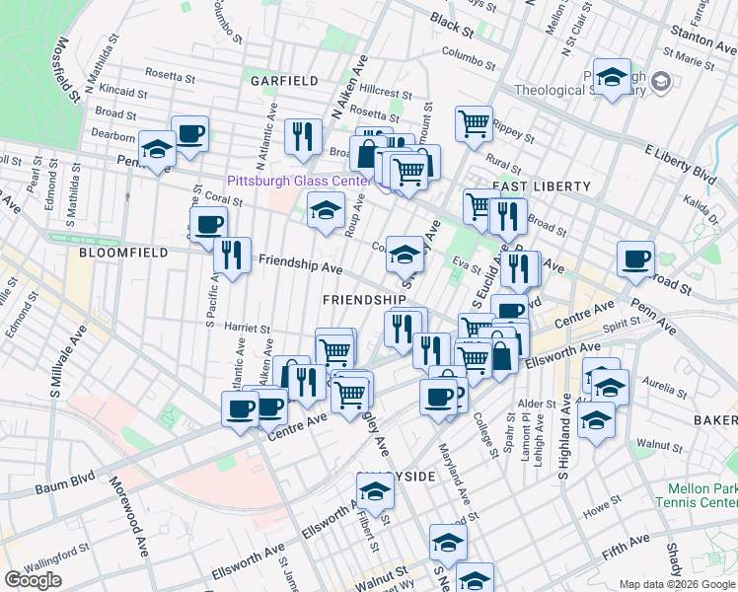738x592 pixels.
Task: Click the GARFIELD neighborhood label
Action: pos(283,80)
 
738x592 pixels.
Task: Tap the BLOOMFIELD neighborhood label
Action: pos(114,254)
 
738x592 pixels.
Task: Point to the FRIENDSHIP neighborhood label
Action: pos(364,299)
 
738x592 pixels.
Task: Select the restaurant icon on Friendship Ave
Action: pos(232,256)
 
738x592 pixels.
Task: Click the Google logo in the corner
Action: pos(33,579)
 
